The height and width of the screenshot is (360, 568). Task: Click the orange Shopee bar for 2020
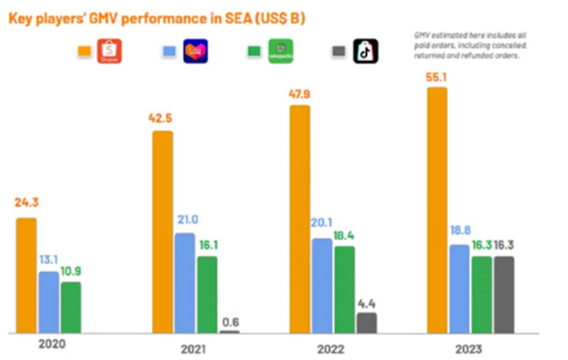pyautogui.click(x=26, y=275)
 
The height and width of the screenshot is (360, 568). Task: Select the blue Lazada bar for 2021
pyautogui.click(x=185, y=283)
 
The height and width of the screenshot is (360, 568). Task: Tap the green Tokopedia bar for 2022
pyautogui.click(x=344, y=289)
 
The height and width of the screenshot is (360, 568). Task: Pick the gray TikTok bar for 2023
pyautogui.click(x=503, y=294)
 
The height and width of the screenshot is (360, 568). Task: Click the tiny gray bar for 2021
pyautogui.click(x=229, y=331)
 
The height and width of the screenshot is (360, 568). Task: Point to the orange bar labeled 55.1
pyautogui.click(x=437, y=209)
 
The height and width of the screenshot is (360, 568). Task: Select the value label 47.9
pyautogui.click(x=299, y=94)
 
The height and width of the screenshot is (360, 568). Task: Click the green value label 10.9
pyautogui.click(x=71, y=271)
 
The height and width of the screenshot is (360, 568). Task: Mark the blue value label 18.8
pyautogui.click(x=459, y=233)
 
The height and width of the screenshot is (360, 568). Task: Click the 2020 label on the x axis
pyautogui.click(x=51, y=344)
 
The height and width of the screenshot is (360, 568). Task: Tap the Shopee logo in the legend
pyautogui.click(x=110, y=51)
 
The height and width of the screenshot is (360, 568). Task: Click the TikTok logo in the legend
pyautogui.click(x=366, y=51)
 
